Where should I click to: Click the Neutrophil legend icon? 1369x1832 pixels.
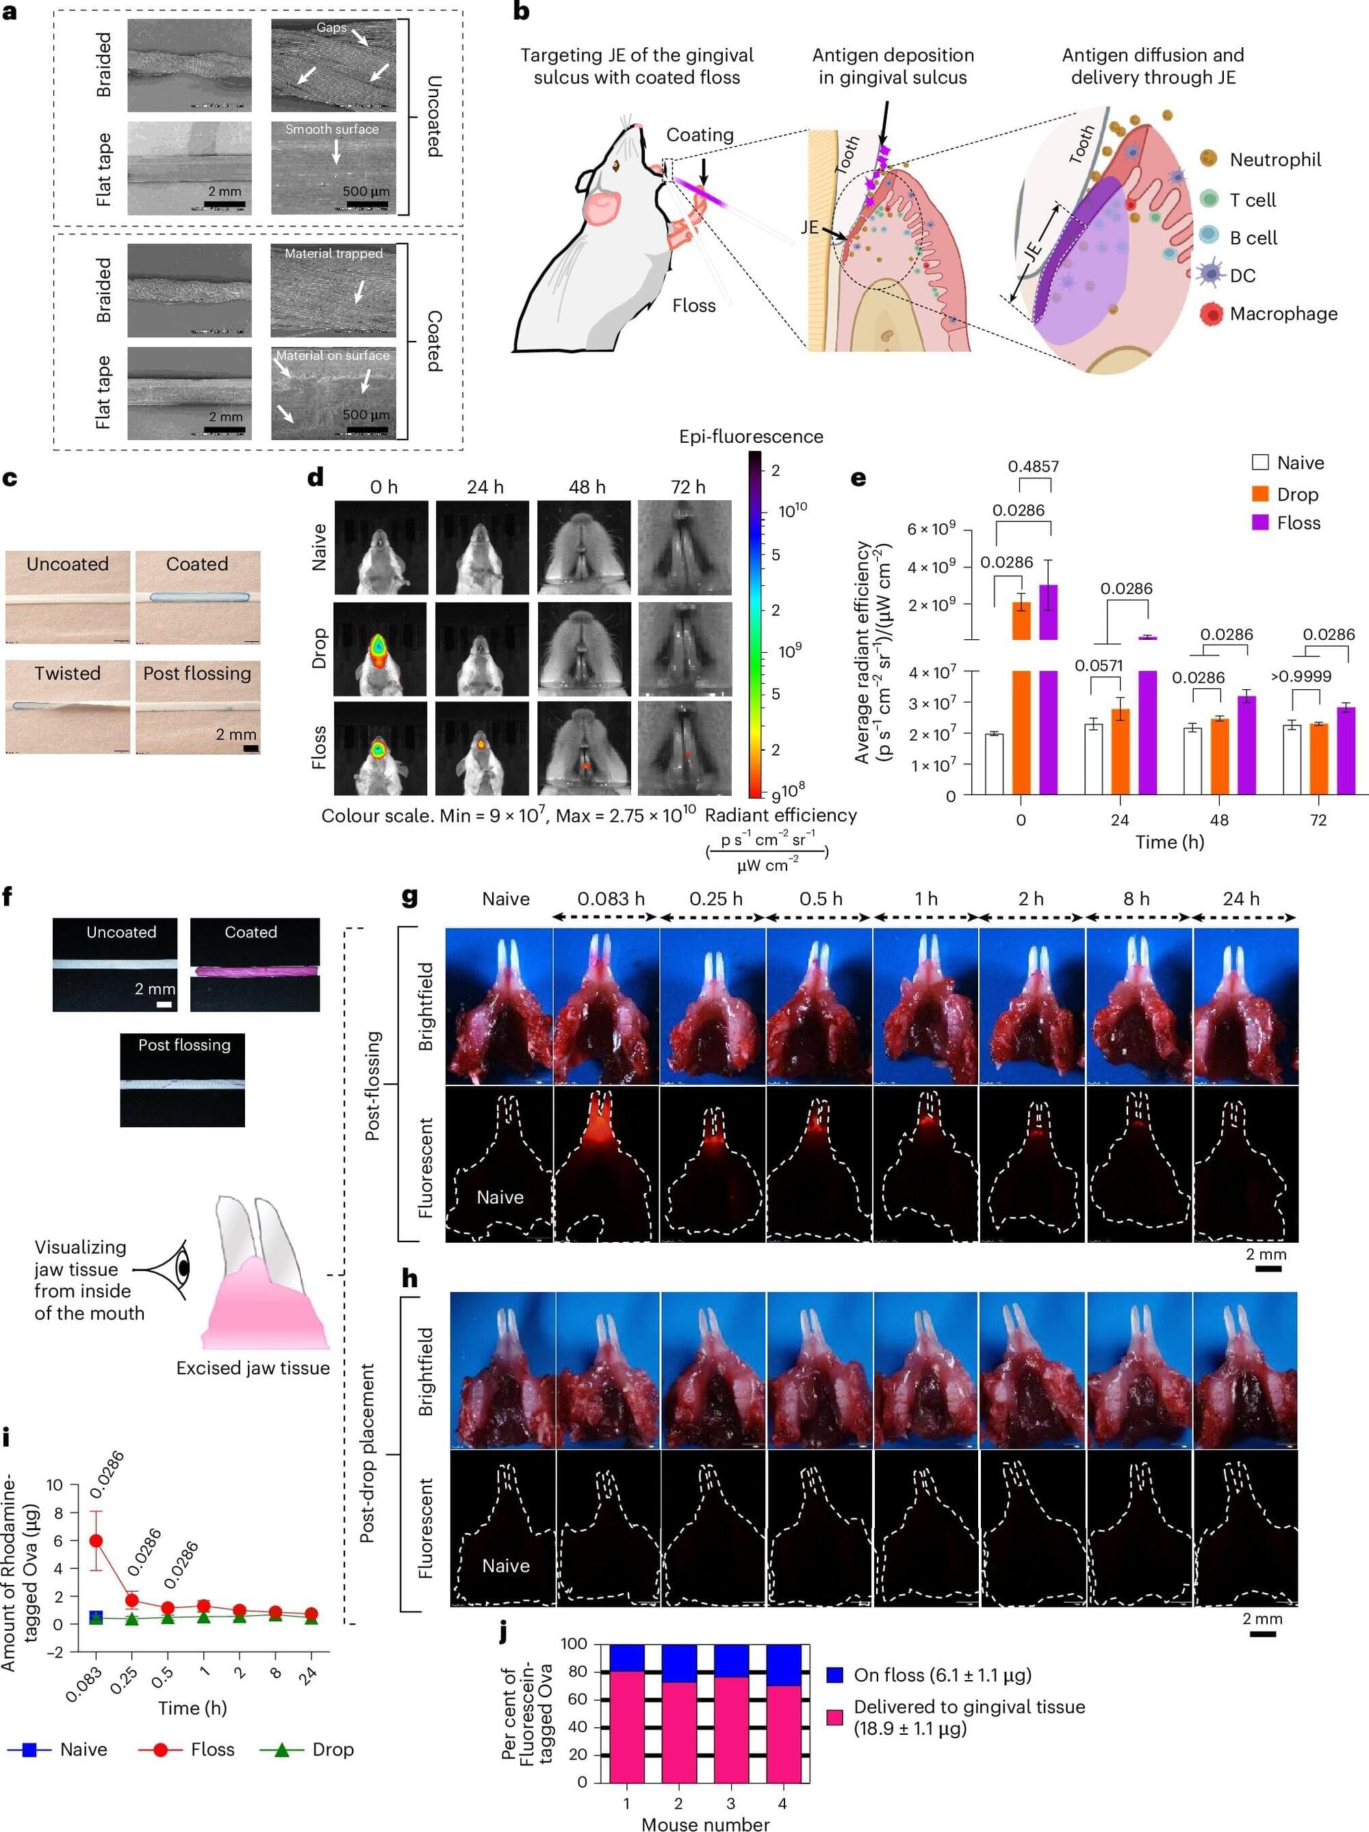(1208, 158)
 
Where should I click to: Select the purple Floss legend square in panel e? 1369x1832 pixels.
(1259, 523)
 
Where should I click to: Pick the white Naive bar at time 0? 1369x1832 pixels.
(994, 763)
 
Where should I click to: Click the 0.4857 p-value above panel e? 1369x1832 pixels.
(1033, 466)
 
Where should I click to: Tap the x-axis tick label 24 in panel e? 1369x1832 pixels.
(1120, 820)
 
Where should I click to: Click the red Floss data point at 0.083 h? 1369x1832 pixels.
(96, 1540)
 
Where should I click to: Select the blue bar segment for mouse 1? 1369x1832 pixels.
(626, 1658)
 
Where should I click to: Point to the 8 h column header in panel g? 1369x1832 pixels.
(1136, 899)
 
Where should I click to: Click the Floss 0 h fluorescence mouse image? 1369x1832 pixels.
(380, 748)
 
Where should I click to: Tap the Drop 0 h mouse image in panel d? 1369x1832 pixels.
(380, 649)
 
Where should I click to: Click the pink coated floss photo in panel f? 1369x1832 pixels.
(254, 970)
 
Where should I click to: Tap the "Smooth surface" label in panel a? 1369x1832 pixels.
(331, 129)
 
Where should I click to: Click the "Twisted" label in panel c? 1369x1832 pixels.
(67, 673)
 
